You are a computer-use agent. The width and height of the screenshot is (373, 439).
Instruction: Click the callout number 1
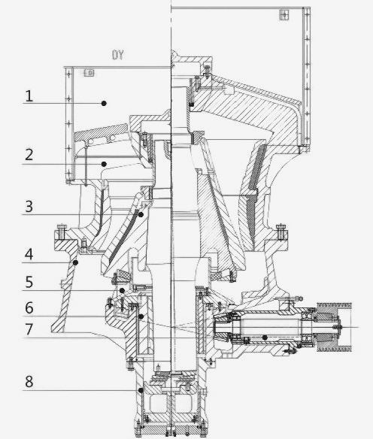(29, 96)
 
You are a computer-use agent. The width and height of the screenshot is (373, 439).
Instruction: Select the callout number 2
(29, 155)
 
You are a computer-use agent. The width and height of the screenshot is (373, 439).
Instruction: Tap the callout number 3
(29, 207)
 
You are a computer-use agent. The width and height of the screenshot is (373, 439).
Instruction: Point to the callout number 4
(29, 255)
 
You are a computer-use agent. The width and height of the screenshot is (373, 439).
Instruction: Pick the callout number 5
(29, 282)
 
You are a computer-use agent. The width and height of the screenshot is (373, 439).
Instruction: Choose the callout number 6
(29, 308)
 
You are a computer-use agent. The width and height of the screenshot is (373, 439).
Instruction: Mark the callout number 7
(29, 329)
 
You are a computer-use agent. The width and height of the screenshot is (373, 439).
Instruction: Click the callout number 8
(29, 382)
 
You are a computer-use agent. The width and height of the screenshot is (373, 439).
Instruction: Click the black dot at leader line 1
(104, 103)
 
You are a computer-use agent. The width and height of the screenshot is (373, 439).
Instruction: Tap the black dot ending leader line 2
(104, 164)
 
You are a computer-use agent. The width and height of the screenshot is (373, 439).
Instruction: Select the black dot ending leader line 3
(141, 215)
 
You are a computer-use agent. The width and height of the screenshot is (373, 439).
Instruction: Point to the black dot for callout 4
(75, 262)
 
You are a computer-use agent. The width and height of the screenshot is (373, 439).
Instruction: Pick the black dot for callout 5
(122, 291)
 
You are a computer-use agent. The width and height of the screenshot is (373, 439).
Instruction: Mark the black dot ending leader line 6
(141, 316)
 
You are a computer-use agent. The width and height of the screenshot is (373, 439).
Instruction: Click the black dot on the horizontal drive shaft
(265, 338)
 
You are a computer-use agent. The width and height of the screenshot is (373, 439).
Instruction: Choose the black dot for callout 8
(141, 390)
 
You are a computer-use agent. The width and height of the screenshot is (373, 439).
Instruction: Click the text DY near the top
(117, 55)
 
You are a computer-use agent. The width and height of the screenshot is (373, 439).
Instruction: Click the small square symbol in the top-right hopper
(284, 14)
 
